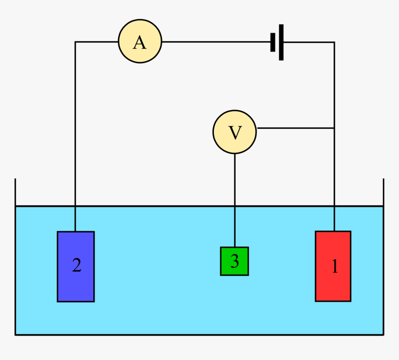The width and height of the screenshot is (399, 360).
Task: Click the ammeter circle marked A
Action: (x=140, y=41)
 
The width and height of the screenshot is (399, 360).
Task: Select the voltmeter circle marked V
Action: (x=235, y=132)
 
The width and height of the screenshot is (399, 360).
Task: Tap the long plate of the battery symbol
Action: (x=281, y=42)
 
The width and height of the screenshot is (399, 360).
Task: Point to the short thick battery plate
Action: (x=273, y=42)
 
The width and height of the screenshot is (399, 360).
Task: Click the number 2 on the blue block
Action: (x=77, y=265)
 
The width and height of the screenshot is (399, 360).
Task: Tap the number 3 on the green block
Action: (x=234, y=262)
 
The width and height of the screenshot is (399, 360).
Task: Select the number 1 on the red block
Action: (x=334, y=267)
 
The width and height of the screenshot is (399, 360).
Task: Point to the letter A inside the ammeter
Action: (x=139, y=43)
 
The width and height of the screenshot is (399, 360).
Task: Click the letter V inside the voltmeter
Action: (x=235, y=133)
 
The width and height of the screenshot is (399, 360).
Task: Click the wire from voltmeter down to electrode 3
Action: (x=235, y=200)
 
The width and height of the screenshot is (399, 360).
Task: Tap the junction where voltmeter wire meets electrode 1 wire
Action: (x=334, y=128)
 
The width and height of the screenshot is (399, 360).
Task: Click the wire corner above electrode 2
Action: (x=75, y=42)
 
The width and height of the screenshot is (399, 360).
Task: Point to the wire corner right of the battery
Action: (x=334, y=43)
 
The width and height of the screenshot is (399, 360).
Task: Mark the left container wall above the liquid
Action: (x=15, y=192)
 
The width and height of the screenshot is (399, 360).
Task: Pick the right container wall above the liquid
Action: (x=383, y=192)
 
